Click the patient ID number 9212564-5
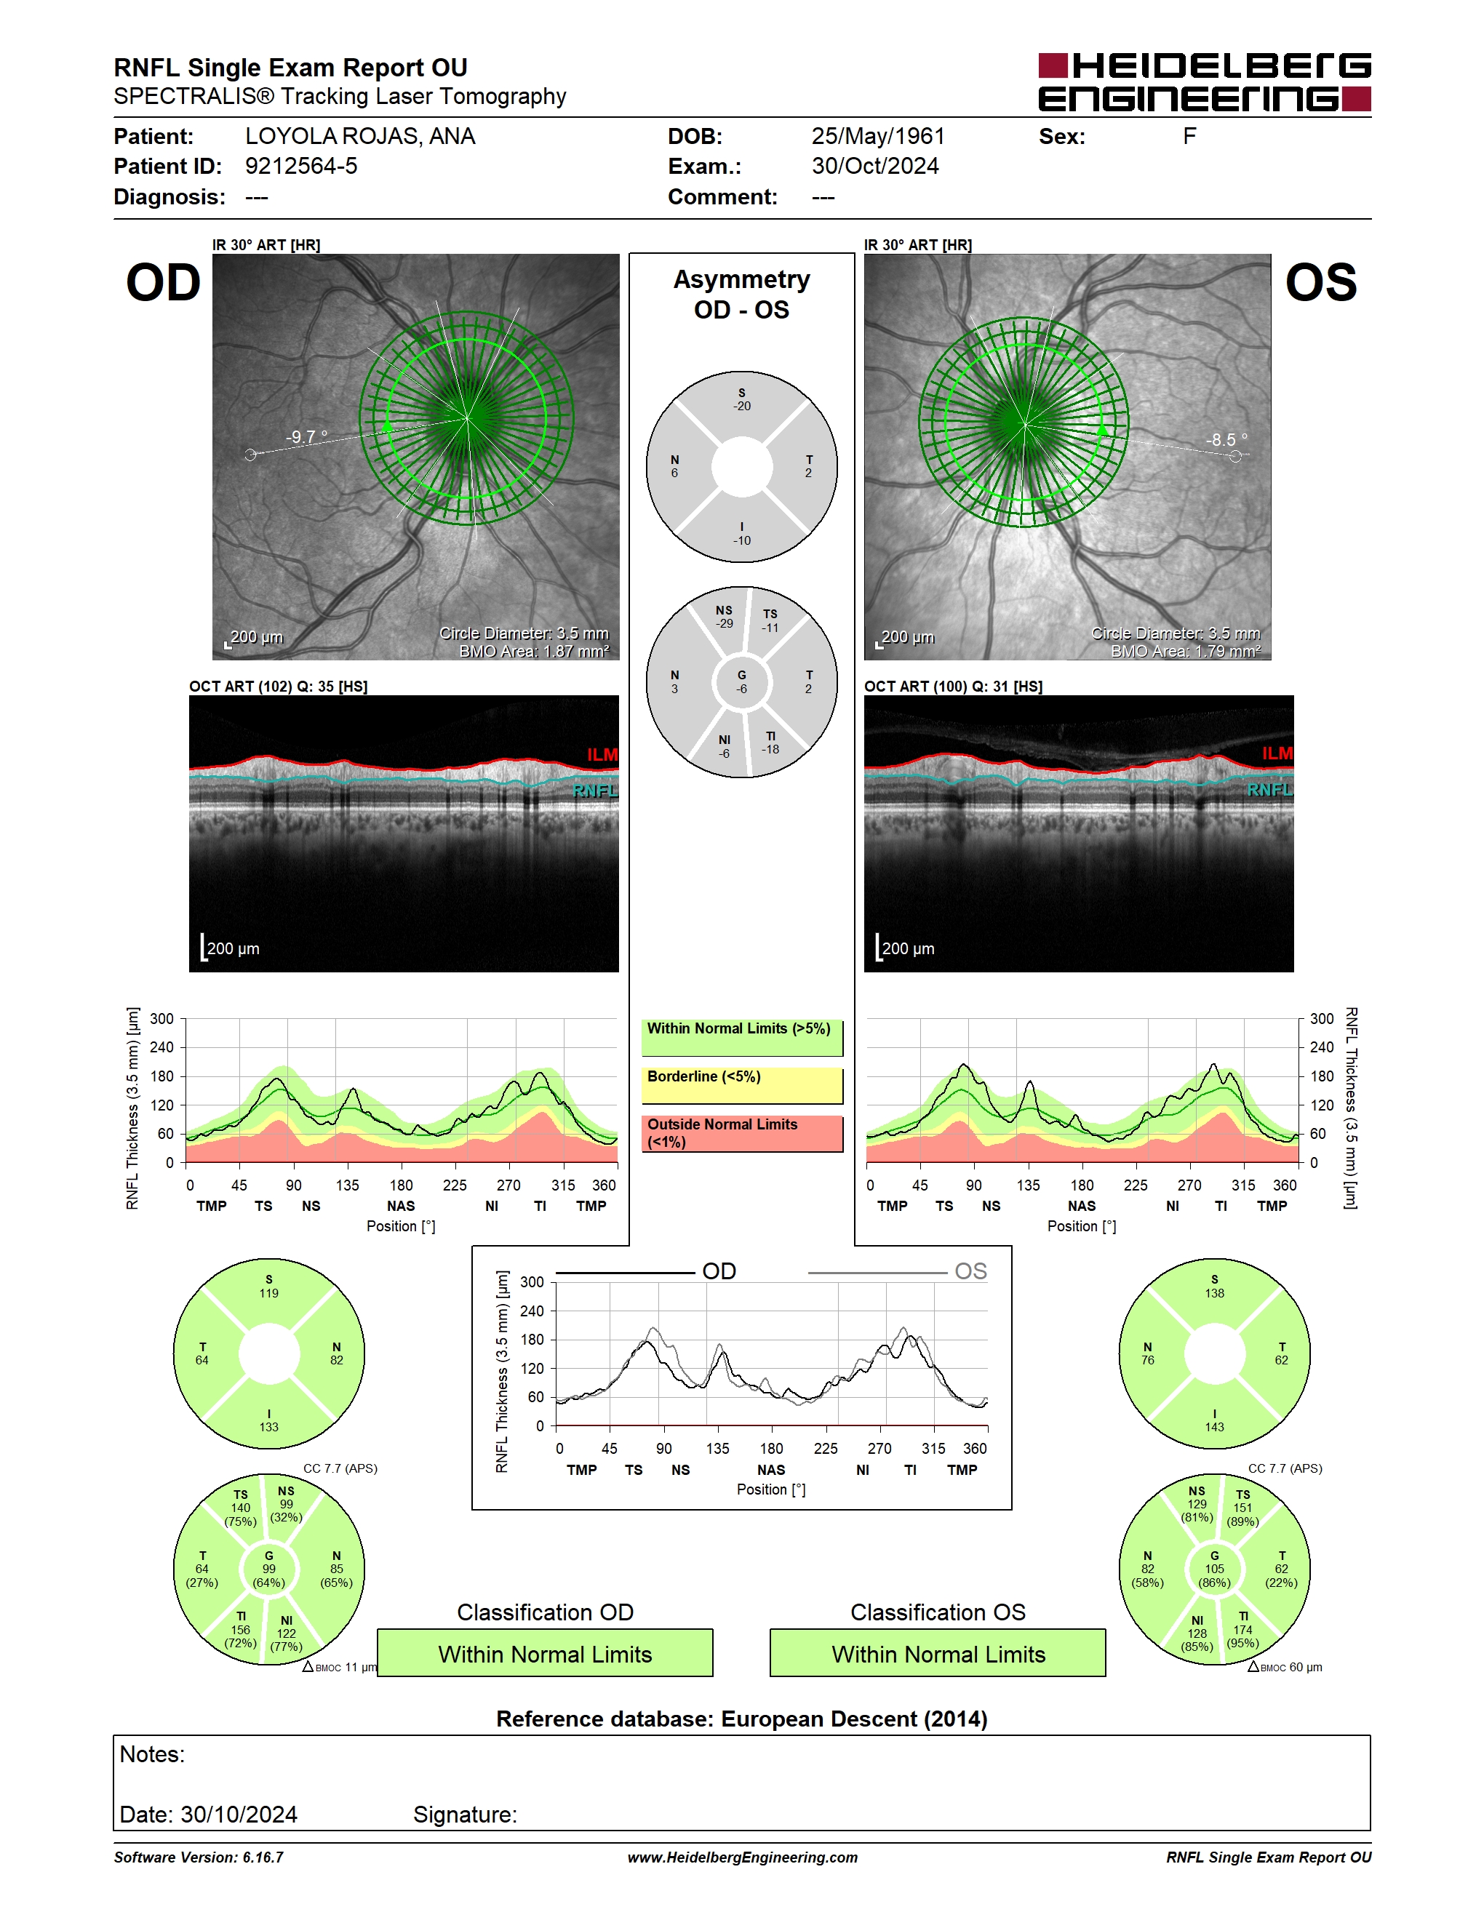(x=300, y=166)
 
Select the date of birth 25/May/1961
(x=877, y=136)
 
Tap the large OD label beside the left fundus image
(x=164, y=282)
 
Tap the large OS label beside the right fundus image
(x=1320, y=282)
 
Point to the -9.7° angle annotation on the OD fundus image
(x=306, y=436)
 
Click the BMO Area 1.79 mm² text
(x=1185, y=652)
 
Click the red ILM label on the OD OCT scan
(x=602, y=754)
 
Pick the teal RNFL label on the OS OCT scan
(x=1269, y=789)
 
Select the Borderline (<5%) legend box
(x=742, y=1086)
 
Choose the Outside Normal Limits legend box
(x=742, y=1133)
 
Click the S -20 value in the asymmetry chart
(x=742, y=399)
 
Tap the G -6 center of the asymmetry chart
(x=742, y=682)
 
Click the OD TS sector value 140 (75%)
(x=240, y=1508)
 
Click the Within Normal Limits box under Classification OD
(x=545, y=1653)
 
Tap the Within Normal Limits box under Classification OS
(x=938, y=1653)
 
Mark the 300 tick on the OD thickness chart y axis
(x=161, y=1018)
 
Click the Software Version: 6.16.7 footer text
(x=199, y=1857)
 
